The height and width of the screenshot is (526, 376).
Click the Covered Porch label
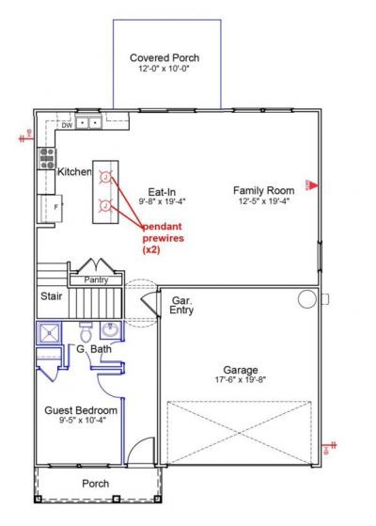[164, 57]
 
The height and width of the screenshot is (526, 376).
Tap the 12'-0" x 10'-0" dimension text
[164, 70]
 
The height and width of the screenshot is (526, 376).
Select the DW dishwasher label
[67, 123]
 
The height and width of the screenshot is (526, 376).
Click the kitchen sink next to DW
[89, 122]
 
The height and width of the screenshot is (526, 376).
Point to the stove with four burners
[46, 158]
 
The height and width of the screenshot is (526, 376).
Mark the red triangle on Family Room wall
[315, 183]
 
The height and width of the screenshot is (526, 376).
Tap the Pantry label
[96, 279]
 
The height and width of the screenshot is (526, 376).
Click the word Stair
[51, 295]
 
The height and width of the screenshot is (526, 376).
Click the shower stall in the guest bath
[49, 333]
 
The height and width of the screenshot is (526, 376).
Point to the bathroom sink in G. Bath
[111, 330]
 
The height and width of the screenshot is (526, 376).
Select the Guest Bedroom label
[81, 411]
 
